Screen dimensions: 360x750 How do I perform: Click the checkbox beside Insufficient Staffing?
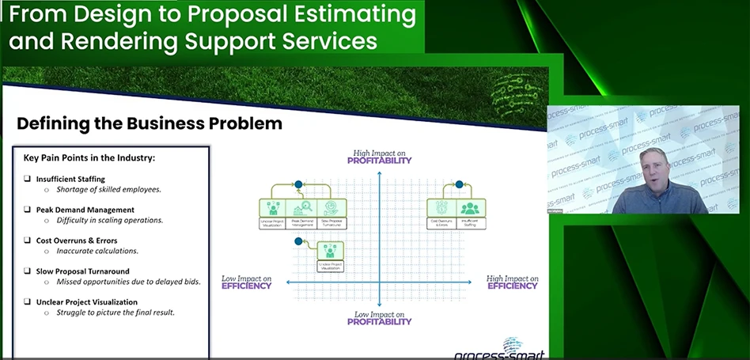(28, 180)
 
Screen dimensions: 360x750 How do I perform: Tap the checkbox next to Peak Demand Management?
(28, 210)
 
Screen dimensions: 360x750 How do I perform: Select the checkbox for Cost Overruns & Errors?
(28, 241)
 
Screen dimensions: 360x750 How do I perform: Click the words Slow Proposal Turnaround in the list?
(82, 271)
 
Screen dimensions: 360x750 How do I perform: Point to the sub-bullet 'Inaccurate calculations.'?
(97, 251)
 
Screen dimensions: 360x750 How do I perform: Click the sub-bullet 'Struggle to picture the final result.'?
(115, 313)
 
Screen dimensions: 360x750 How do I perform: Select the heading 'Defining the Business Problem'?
(150, 123)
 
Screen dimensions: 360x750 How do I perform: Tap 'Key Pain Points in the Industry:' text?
(89, 157)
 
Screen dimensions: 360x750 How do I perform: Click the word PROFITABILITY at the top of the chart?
(380, 161)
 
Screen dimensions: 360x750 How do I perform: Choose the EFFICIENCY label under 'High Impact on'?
(512, 286)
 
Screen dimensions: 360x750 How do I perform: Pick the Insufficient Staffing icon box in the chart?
(472, 209)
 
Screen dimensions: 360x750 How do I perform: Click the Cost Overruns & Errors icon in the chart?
(441, 209)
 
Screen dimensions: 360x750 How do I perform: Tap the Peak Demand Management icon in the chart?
(302, 209)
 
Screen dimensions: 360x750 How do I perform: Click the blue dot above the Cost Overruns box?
(458, 184)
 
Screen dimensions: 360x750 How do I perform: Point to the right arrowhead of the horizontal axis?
(472, 282)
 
